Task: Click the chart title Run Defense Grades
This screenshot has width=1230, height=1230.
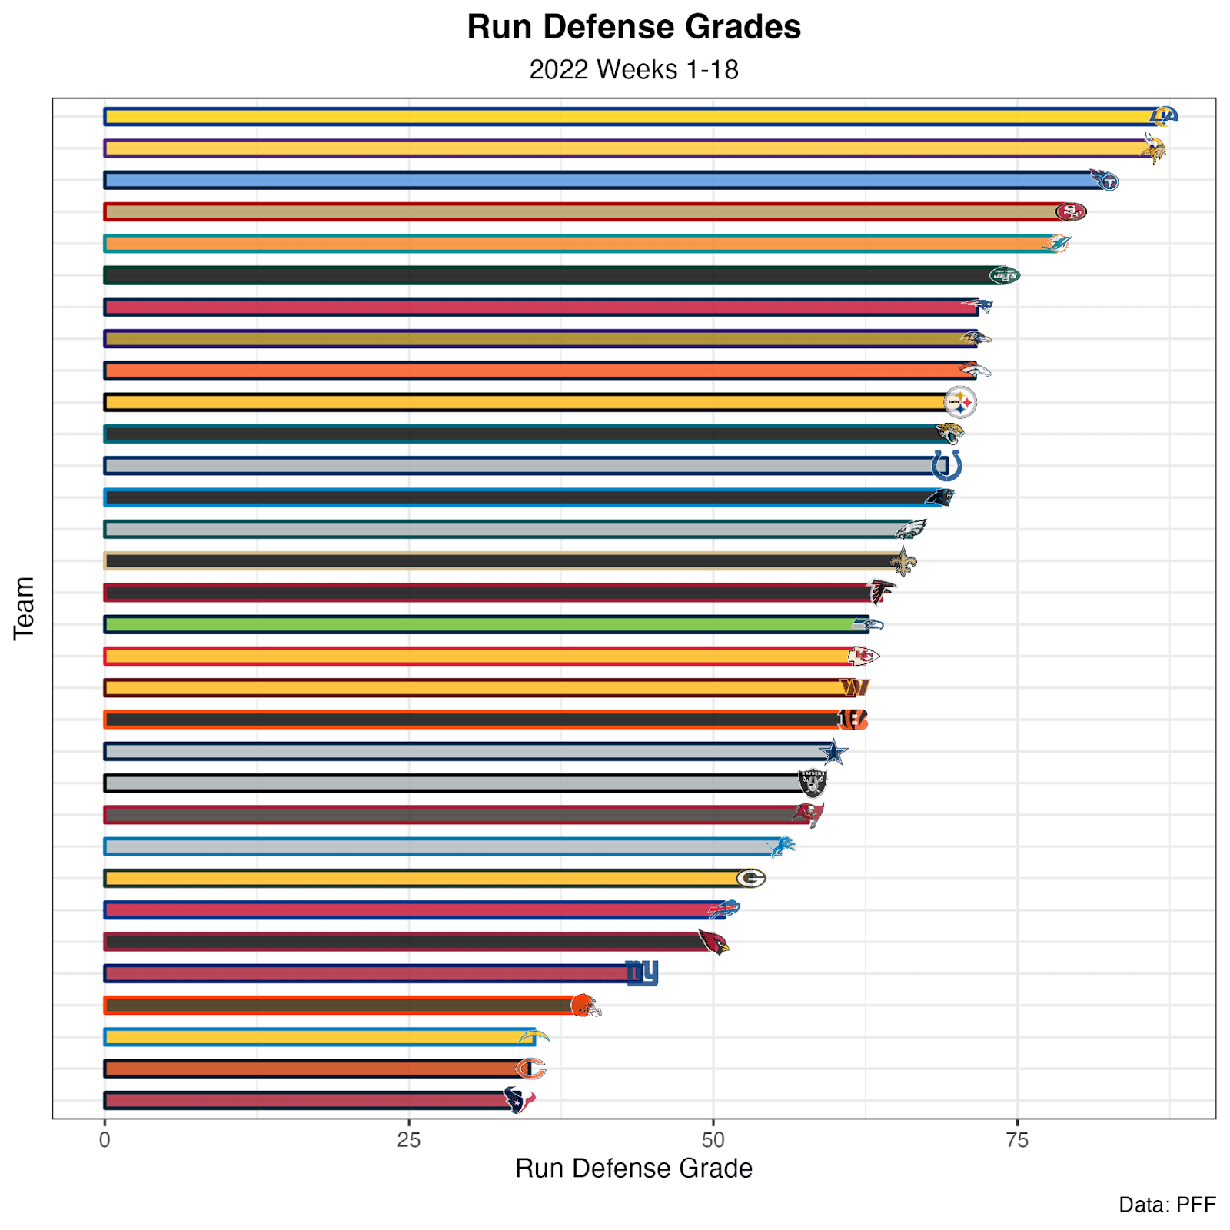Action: [633, 28]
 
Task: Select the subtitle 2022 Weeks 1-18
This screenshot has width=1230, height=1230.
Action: [633, 70]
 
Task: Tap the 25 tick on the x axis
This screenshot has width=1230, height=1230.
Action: [409, 1140]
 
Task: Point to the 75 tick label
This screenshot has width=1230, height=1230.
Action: [1017, 1140]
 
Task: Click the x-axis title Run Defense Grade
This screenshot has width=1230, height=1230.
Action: [633, 1168]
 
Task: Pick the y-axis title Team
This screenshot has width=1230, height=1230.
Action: [25, 608]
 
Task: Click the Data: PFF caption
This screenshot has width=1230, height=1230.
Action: [1167, 1205]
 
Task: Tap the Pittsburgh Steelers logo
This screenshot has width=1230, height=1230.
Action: [960, 402]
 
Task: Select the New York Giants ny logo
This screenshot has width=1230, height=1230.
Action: [642, 973]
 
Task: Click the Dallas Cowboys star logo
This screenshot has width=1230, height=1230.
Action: [833, 752]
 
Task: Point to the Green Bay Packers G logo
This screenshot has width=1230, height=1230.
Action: [751, 878]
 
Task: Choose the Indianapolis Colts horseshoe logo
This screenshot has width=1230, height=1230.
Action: [946, 466]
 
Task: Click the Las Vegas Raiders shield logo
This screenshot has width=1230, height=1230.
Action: [813, 783]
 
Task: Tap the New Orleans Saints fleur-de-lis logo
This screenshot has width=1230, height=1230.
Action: [903, 562]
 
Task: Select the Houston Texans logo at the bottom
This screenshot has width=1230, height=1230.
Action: [519, 1101]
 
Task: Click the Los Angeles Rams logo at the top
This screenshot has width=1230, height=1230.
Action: [1164, 116]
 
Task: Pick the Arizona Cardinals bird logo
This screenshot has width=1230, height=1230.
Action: [713, 942]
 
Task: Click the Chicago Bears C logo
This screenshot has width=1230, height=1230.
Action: [530, 1069]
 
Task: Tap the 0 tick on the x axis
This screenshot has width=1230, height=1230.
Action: [105, 1140]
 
